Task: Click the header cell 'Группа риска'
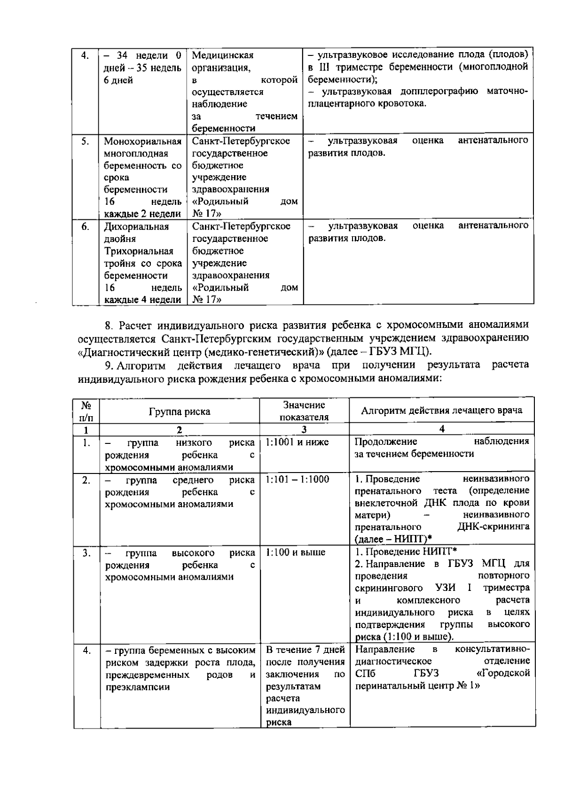pos(179,411)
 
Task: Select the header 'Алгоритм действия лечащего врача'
pos(441,410)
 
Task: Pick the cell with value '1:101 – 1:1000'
pos(297,479)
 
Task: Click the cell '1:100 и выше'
pos(295,552)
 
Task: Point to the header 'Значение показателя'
pos(304,411)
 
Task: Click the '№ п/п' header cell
pos(86,411)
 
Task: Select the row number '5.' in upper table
pos(85,141)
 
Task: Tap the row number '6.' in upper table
pos(85,227)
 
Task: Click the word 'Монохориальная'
pos(142,141)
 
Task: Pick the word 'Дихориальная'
pos(136,227)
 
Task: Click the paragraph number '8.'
pos(109,325)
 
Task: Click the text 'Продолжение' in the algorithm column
pos(385,442)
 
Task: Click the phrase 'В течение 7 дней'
pos(305,650)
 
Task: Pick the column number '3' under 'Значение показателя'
pos(304,429)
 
